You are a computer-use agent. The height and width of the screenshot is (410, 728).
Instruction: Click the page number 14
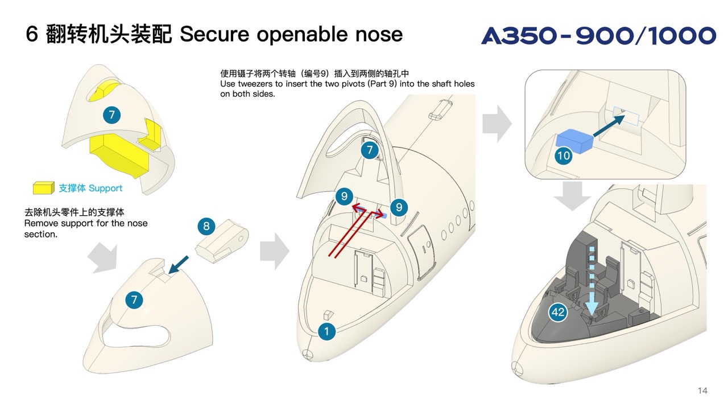[702, 391]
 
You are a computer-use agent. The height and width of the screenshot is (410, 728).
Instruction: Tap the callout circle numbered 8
[206, 227]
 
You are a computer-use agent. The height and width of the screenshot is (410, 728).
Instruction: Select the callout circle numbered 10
[564, 155]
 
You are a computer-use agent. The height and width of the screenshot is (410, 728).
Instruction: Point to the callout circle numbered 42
[558, 312]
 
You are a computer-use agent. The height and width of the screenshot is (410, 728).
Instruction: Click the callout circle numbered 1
[326, 331]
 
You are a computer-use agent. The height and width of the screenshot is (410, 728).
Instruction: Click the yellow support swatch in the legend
[43, 188]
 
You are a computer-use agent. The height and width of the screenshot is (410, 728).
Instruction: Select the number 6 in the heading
[32, 35]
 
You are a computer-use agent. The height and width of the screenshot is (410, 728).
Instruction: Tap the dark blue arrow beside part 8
[180, 264]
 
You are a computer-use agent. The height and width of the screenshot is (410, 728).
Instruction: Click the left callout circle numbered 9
[342, 197]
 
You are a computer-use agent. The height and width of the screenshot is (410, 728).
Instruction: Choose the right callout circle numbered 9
[399, 207]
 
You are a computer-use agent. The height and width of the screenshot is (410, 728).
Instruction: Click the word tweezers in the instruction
[255, 84]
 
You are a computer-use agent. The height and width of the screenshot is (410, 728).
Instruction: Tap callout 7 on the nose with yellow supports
[112, 115]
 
